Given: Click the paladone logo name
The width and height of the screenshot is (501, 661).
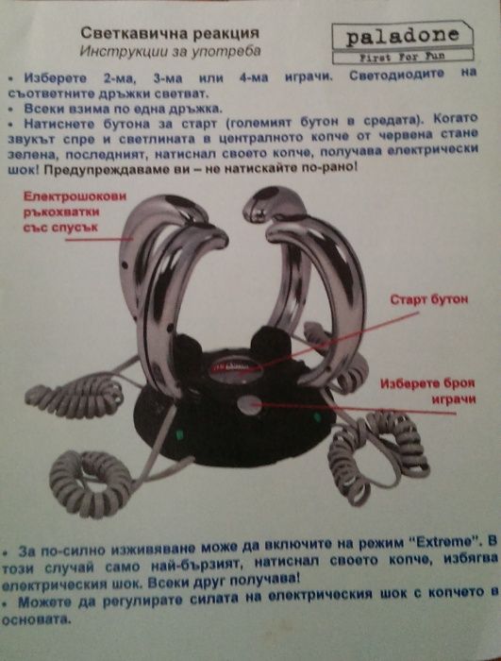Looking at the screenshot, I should pos(403,37).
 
